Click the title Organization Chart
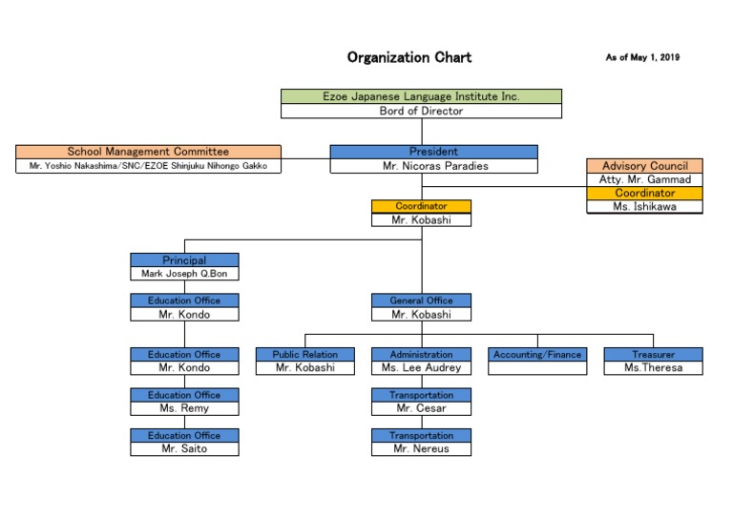[x=408, y=57]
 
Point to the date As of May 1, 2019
[x=642, y=58]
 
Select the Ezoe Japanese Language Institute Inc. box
[x=421, y=96]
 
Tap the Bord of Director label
[x=421, y=111]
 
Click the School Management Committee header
[x=148, y=152]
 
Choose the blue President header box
[x=433, y=152]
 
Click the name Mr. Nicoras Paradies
[x=433, y=166]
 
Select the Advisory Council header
[x=644, y=166]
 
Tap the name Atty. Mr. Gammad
[x=644, y=179]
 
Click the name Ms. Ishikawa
[x=644, y=206]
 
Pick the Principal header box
[x=184, y=260]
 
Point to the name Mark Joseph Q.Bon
[x=184, y=274]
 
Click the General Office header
[x=421, y=300]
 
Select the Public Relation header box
[x=305, y=355]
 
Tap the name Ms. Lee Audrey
[x=421, y=368]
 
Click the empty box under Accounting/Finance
[x=536, y=368]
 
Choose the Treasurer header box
[x=653, y=355]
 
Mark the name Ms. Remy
[x=184, y=408]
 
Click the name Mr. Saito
[x=184, y=448]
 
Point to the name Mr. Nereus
[x=421, y=448]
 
